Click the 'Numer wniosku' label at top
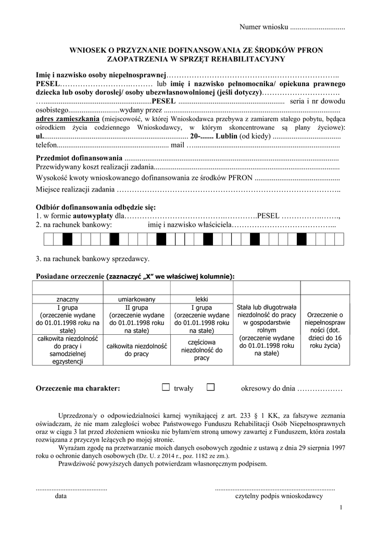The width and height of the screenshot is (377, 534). tap(263, 27)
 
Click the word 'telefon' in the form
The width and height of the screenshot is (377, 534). tap(46, 145)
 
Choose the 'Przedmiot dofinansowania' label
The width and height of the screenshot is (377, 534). tap(79, 158)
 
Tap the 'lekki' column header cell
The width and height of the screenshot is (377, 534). tap(202, 299)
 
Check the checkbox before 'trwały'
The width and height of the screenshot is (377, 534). tap(166, 387)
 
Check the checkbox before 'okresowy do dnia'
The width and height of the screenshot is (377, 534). tap(210, 387)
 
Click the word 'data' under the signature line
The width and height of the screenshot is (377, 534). tap(61, 496)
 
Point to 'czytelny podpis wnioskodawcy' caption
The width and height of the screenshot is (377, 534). tap(279, 496)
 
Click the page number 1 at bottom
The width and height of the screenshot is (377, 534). tap(341, 507)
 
